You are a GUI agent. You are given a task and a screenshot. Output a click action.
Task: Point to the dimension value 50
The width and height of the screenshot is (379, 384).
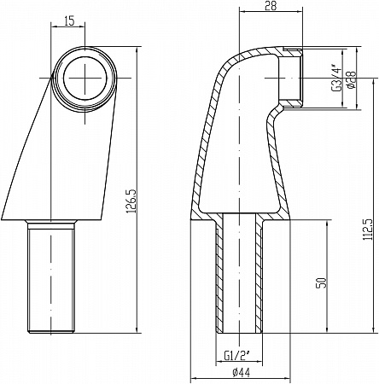[322, 283]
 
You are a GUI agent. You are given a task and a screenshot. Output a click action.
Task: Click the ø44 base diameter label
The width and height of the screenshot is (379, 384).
[241, 372]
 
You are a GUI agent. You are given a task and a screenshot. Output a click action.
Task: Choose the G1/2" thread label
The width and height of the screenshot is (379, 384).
[236, 355]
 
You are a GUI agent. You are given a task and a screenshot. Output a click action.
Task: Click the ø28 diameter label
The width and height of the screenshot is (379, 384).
[352, 79]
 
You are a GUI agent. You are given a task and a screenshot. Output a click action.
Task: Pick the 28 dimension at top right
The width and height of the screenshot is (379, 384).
[271, 6]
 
